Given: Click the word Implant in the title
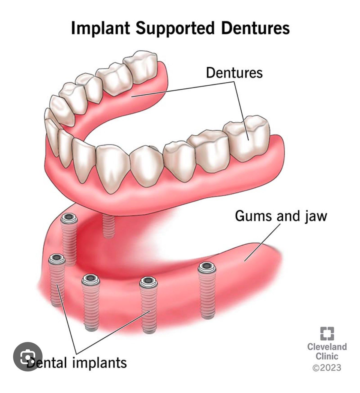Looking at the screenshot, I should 100,28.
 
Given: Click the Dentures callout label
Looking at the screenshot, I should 234,73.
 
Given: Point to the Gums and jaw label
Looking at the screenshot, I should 281,216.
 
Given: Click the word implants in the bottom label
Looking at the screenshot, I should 100,363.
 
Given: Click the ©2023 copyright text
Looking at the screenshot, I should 327,368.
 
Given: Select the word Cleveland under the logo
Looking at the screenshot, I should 327,347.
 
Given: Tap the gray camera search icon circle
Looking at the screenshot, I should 28,357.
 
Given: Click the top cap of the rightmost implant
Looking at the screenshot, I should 207,268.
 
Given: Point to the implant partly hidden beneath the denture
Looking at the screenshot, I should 109,226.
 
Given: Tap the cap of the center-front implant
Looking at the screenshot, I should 148,281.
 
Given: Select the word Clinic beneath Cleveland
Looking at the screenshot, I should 327,356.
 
